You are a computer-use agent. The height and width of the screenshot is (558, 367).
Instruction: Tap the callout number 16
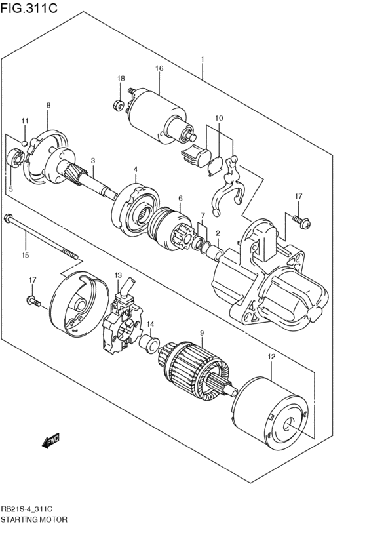click(x=159, y=69)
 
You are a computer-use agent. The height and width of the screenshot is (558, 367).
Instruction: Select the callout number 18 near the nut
click(x=121, y=79)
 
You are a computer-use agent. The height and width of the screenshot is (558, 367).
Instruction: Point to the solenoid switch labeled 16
click(x=157, y=115)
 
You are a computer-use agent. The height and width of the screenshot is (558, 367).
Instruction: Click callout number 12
click(x=271, y=357)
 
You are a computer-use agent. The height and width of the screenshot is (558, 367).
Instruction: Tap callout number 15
click(x=25, y=255)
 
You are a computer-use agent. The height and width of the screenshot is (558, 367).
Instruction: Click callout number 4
click(x=135, y=169)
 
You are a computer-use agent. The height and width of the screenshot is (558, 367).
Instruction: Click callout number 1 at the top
click(x=203, y=60)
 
